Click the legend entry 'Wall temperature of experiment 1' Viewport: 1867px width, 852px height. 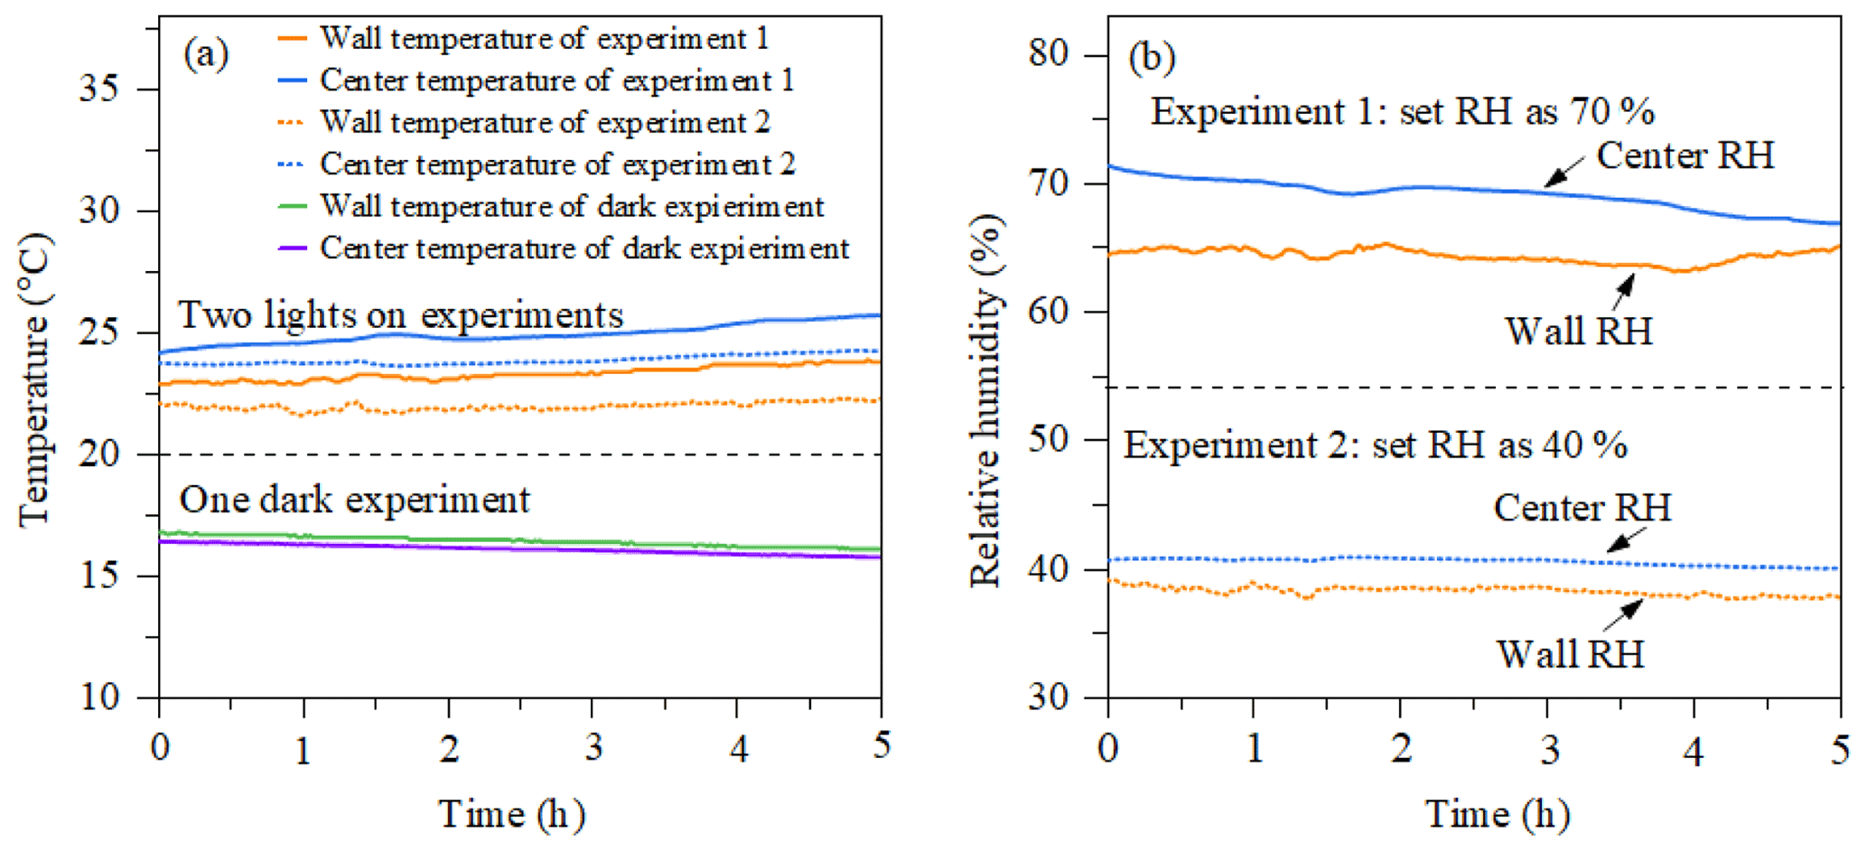pos(544,39)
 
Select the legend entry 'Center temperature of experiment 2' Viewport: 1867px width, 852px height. pos(556,164)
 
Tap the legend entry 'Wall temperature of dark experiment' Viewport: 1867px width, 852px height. pos(571,207)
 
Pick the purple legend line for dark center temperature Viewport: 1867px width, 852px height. pos(292,248)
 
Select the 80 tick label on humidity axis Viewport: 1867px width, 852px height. pos(1050,54)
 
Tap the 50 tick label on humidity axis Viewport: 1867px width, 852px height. pos(1050,440)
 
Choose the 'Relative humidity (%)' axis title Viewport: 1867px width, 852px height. pos(986,401)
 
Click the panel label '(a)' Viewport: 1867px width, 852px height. pos(206,54)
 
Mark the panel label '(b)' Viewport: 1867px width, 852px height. pos(1152,58)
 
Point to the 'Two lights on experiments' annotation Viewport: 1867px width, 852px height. pos(401,315)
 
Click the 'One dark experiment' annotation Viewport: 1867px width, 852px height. pos(354,500)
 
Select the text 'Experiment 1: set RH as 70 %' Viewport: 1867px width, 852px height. pos(1402,112)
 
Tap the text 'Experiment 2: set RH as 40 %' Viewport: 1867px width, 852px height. pos(1375,445)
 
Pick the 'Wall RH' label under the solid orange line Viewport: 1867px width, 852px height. pos(1578,332)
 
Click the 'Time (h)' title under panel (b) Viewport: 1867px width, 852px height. pos(1497,815)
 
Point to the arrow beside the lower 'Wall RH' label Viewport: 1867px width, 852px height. pos(1623,615)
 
